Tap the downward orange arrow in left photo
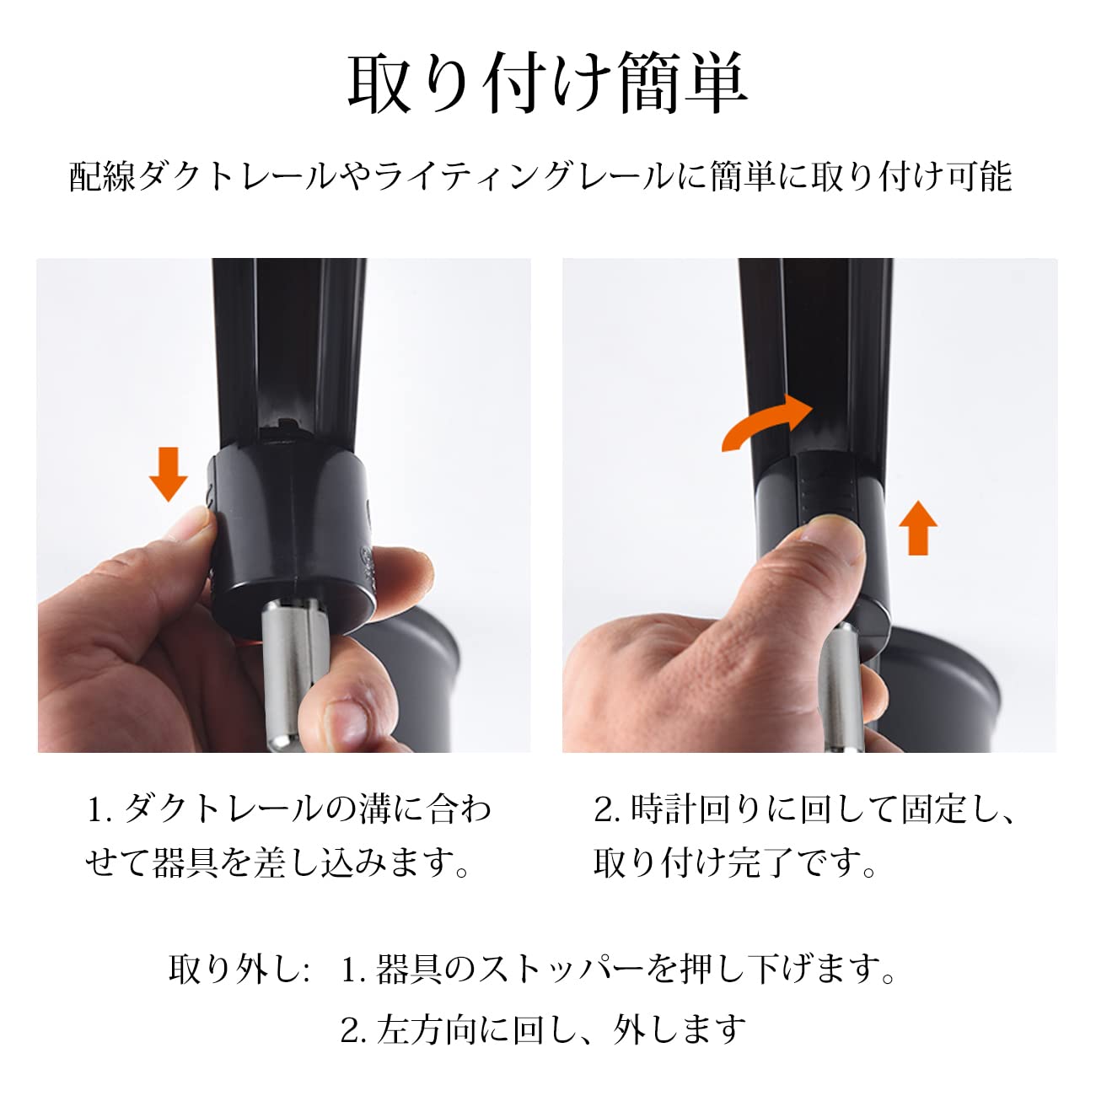(168, 475)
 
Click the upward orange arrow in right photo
(917, 528)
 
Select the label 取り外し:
(239, 970)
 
